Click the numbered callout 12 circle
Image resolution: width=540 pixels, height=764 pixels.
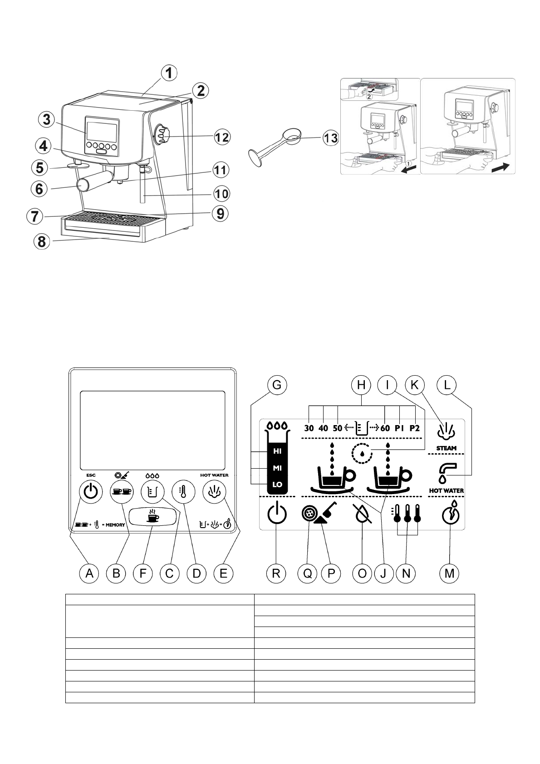[221, 137]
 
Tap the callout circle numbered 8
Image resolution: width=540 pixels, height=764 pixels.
[42, 242]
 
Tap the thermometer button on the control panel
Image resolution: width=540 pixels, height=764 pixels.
[183, 491]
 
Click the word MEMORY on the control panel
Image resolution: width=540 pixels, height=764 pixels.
[115, 525]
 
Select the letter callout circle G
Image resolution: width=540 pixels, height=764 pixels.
[277, 385]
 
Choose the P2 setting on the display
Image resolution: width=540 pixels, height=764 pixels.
[415, 428]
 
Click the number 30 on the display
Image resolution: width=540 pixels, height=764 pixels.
[309, 428]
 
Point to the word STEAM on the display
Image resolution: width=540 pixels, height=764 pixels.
[447, 448]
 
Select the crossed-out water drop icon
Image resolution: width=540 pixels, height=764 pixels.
[362, 514]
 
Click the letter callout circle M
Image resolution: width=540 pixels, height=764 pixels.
[449, 573]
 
